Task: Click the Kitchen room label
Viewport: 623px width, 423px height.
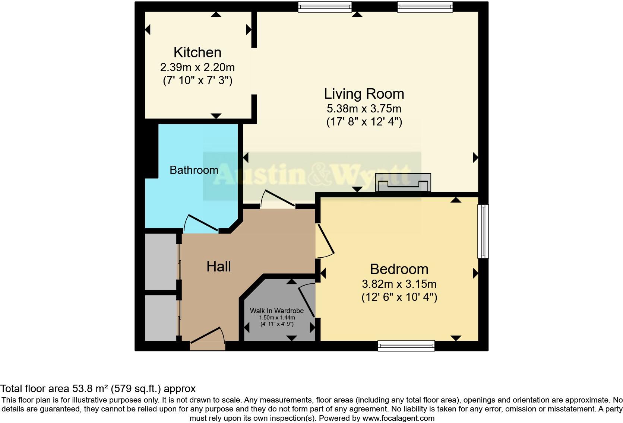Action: [197, 53]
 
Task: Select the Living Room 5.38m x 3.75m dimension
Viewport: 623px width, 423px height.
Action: [364, 109]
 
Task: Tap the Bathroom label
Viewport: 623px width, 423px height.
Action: [194, 170]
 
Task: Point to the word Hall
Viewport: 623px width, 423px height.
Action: [219, 267]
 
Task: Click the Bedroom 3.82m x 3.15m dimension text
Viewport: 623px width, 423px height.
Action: [399, 284]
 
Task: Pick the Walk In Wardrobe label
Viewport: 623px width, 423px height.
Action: [276, 311]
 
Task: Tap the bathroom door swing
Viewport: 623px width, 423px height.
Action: [202, 223]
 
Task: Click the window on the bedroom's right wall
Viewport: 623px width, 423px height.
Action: [483, 231]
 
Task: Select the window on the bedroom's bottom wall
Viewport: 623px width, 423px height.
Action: [406, 346]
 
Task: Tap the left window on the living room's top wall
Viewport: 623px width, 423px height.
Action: [325, 7]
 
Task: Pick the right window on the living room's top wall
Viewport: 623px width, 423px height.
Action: [425, 7]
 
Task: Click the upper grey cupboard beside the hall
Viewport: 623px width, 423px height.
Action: [161, 261]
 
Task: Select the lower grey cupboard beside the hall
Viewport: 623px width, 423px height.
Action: [161, 318]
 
